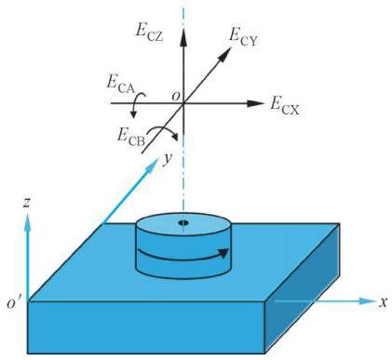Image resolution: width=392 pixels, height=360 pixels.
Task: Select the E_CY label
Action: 243,37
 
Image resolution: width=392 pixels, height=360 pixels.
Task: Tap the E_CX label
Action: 285,107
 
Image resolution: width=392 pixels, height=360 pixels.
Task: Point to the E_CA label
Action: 120,85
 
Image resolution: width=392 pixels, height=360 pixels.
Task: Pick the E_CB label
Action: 131,137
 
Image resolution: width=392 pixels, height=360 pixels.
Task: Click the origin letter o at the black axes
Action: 176,96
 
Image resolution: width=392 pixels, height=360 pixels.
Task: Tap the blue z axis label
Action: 26,203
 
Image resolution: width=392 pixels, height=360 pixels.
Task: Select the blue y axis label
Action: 168,160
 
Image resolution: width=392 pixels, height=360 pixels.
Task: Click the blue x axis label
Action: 384,302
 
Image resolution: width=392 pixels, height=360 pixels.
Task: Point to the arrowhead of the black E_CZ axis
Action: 183,37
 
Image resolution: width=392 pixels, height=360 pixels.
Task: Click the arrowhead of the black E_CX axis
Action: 254,103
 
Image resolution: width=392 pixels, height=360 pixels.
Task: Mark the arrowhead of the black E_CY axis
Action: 225,54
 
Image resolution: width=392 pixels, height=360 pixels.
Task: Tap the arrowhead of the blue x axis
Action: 367,300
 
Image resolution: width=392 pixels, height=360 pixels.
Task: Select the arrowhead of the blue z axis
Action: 28,221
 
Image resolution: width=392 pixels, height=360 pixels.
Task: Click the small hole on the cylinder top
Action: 183,222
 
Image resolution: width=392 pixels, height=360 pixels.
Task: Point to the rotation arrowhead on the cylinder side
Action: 224,253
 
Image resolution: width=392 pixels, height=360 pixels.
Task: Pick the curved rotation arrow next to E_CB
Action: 164,132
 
